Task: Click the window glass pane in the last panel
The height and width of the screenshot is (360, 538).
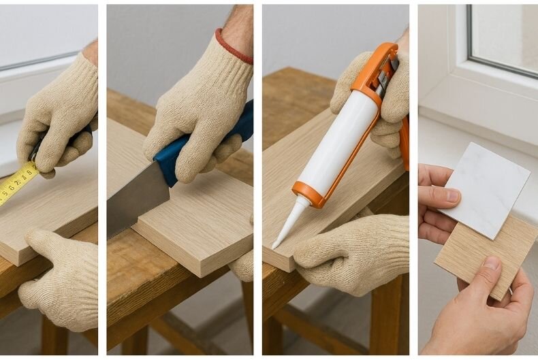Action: (x=504, y=34)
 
